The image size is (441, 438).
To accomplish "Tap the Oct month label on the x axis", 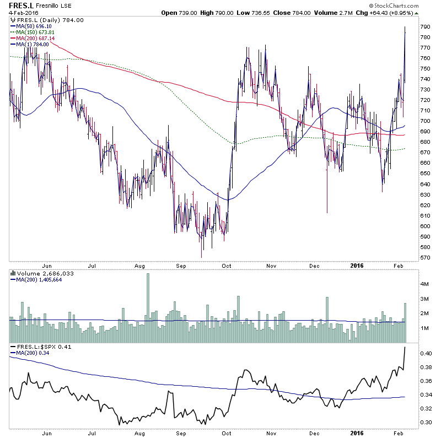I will (x=227, y=265).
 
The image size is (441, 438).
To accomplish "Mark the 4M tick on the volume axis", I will (x=425, y=284).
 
